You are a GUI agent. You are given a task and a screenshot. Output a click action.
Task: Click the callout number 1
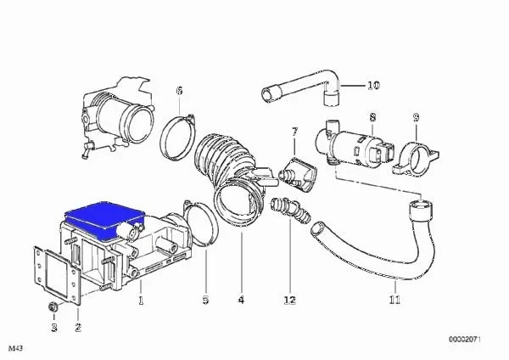(x=141, y=301)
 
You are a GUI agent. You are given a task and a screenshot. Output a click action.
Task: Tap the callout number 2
(x=78, y=328)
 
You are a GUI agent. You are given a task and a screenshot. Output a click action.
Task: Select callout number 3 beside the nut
(x=54, y=328)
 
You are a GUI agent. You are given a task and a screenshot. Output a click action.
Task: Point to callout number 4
(x=241, y=300)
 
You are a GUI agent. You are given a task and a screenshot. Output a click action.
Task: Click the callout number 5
(x=205, y=300)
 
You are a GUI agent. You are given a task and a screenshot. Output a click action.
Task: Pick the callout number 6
(x=180, y=90)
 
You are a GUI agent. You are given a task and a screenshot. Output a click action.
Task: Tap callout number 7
(x=294, y=132)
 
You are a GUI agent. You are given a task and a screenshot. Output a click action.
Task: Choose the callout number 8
(x=372, y=117)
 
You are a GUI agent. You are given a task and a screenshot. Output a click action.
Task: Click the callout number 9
(x=417, y=117)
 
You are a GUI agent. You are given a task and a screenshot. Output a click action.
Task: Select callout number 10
(x=373, y=86)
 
